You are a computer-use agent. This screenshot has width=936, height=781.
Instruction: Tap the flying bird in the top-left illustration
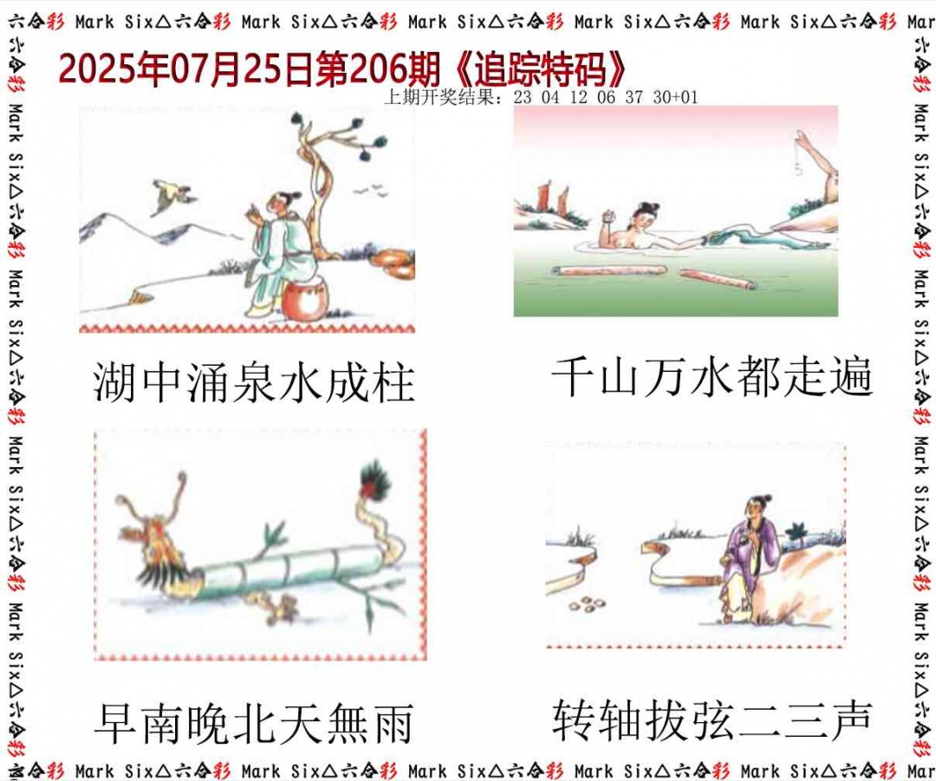[x=172, y=196]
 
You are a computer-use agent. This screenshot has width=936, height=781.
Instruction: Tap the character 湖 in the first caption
[x=115, y=383]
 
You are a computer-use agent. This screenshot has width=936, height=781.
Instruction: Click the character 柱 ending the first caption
[x=393, y=383]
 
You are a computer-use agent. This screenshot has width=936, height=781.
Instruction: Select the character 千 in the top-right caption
[x=573, y=378]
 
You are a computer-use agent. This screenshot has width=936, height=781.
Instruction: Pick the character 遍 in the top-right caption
[x=849, y=378]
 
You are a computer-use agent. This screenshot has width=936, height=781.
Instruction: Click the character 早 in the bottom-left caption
[x=115, y=725]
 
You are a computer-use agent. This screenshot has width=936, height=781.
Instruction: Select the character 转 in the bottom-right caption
[x=573, y=720]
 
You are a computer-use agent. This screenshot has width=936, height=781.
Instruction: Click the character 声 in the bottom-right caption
[x=849, y=720]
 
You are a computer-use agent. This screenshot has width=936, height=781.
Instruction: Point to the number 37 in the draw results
[x=634, y=98]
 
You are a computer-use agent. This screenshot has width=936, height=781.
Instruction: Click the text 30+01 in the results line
[x=674, y=98]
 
